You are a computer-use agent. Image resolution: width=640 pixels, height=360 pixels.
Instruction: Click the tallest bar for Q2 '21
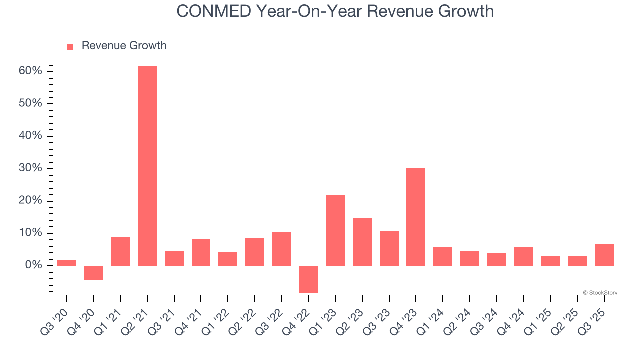tap(147, 166)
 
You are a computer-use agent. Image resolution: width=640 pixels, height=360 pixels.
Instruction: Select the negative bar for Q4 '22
tap(308, 279)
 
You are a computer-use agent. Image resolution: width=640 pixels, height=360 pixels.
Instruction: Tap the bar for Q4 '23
tap(416, 216)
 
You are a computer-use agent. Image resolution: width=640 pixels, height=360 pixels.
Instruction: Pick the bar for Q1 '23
tap(335, 230)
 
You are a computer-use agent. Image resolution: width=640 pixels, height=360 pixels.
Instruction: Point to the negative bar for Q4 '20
tap(93, 273)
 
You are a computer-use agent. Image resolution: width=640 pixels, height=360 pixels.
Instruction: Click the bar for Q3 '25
tap(604, 255)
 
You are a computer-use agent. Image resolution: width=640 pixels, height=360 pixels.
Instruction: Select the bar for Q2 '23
tap(362, 242)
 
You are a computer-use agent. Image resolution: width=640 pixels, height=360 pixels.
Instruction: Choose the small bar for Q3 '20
tap(67, 262)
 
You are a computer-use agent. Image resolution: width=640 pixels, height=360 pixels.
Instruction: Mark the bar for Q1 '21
tap(120, 251)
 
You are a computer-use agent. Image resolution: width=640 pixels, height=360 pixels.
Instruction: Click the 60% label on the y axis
tap(30, 71)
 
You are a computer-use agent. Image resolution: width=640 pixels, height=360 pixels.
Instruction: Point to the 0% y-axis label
tap(33, 265)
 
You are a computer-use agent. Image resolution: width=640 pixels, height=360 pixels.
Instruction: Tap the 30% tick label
tap(30, 168)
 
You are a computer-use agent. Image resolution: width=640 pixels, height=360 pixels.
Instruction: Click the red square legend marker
tap(70, 46)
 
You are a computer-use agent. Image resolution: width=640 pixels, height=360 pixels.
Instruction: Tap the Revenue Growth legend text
tap(124, 46)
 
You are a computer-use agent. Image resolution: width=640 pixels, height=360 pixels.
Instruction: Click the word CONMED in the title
tap(214, 11)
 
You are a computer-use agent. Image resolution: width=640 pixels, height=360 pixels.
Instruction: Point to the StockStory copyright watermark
tap(600, 293)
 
